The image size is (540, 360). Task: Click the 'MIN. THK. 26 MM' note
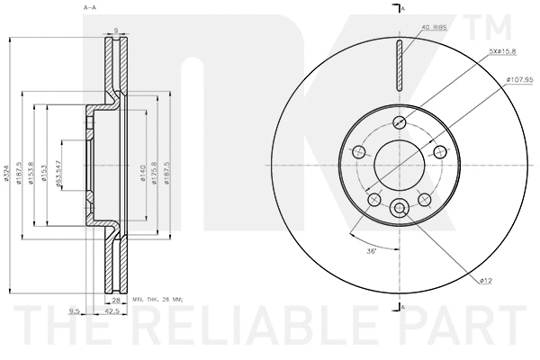tap(157, 298)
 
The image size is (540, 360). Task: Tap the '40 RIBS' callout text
tap(433, 26)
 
